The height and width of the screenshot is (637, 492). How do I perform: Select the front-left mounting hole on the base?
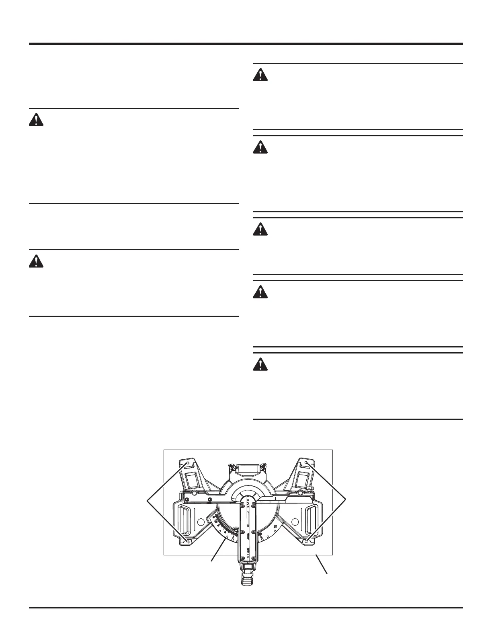188,542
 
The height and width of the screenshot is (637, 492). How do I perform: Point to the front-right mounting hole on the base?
307,542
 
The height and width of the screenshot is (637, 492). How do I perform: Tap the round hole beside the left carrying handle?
199,522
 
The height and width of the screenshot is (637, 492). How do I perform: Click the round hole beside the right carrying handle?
295,522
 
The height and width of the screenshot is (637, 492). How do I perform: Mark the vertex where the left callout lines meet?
148,501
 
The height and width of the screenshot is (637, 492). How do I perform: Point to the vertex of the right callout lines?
347,501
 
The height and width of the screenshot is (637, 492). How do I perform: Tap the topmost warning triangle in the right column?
260,76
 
